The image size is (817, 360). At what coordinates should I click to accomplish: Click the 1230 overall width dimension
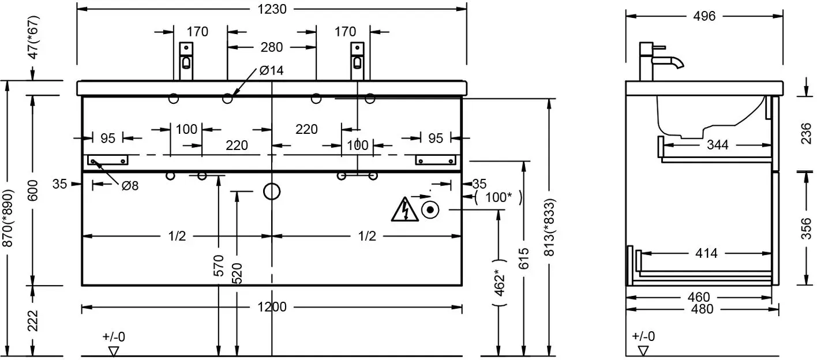(272, 9)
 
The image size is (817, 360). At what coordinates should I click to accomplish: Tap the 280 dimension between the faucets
(272, 47)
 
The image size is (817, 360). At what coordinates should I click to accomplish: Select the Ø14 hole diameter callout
(271, 70)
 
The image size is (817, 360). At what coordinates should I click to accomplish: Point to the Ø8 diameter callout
(130, 186)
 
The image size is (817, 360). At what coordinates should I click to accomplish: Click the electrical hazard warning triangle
(404, 210)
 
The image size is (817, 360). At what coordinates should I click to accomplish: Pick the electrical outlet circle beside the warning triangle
(430, 210)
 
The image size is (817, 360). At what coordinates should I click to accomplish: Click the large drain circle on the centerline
(272, 192)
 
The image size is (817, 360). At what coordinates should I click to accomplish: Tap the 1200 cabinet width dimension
(272, 307)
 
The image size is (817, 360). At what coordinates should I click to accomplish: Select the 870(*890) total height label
(8, 217)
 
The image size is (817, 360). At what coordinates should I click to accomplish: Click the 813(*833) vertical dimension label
(549, 227)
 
